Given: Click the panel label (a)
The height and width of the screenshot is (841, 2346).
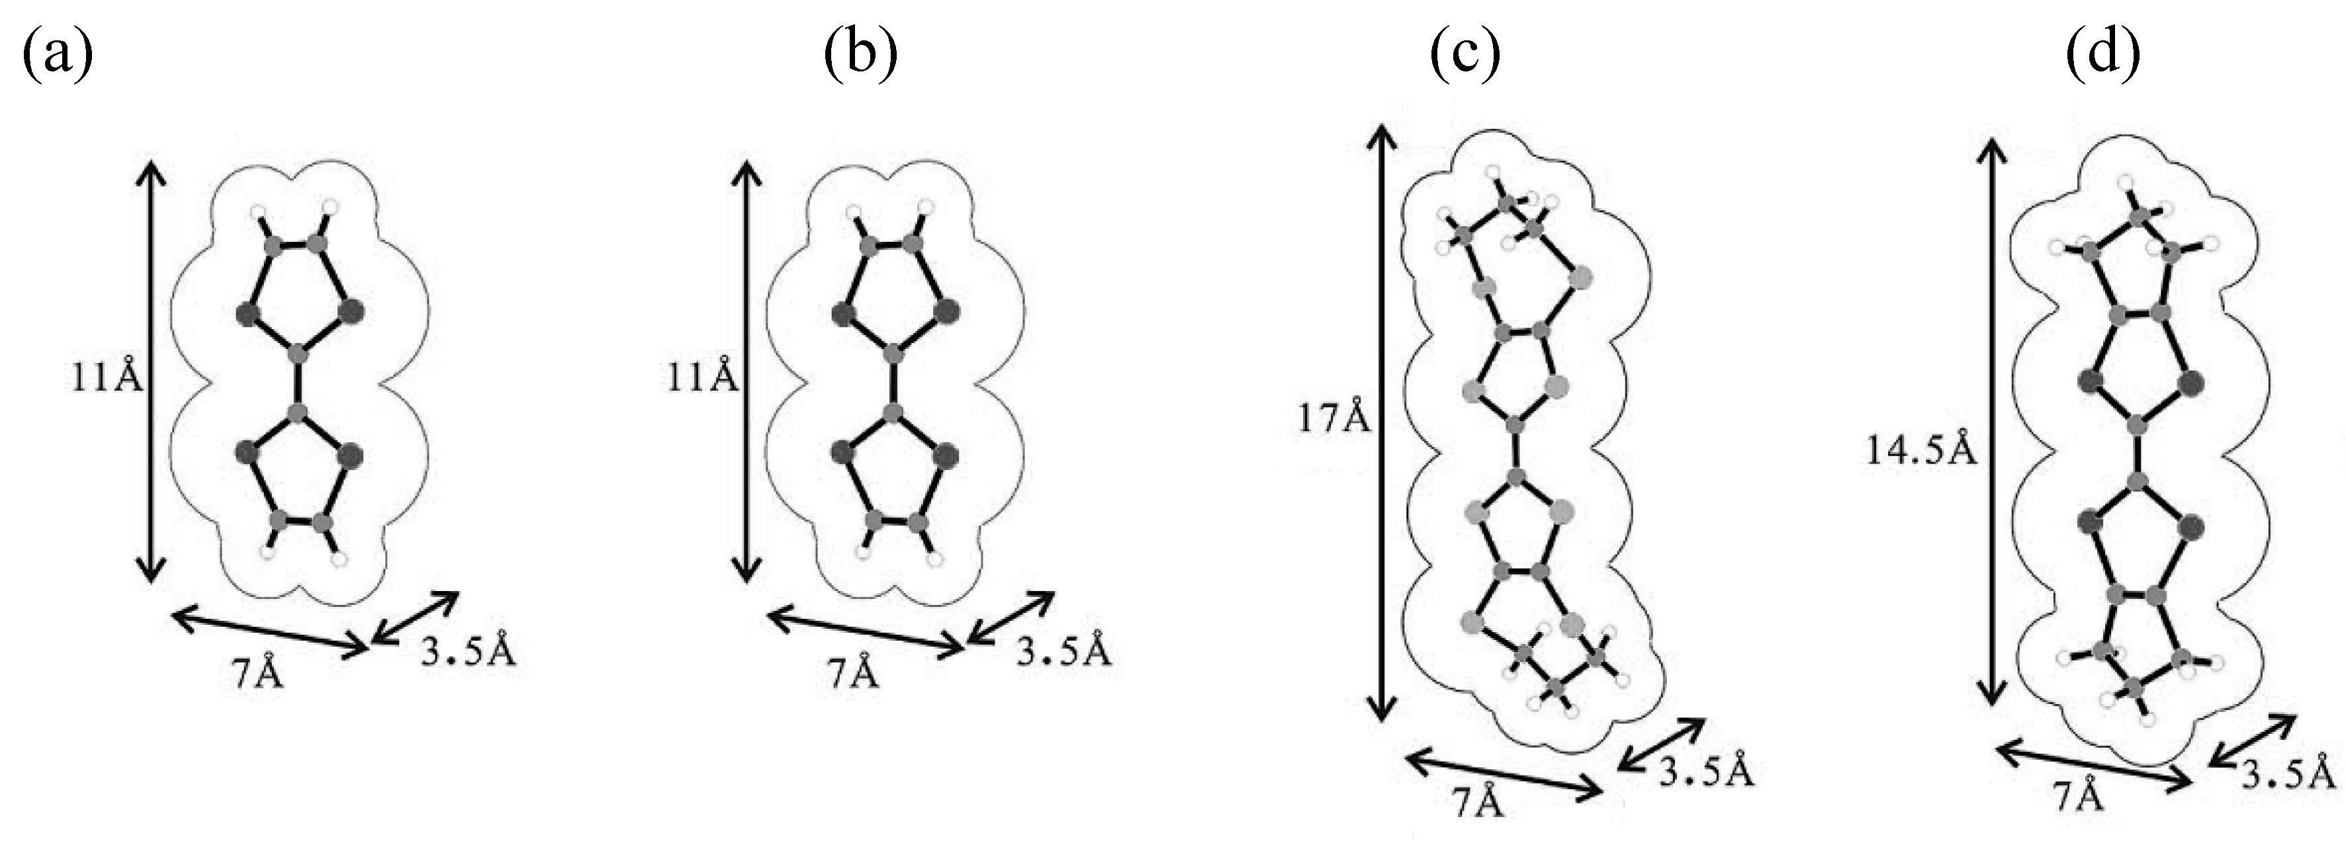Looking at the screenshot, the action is click(56, 55).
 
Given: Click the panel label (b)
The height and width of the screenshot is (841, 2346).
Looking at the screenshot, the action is click(860, 55).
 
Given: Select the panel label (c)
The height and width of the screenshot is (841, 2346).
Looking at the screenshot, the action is click(1465, 55).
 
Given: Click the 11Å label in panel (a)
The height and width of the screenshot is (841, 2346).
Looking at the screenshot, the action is click(107, 376).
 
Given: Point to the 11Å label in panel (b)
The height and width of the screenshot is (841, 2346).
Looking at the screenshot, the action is click(702, 376).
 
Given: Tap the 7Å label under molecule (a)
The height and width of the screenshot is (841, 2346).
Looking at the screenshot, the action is click(257, 674).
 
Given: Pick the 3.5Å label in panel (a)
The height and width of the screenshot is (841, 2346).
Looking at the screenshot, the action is click(468, 652).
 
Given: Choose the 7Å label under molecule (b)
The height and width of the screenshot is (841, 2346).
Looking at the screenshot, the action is click(853, 674).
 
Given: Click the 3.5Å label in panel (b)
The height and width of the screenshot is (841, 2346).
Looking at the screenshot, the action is click(1063, 652).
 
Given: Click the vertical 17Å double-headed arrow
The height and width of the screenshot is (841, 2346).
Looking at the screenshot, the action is click(1382, 421).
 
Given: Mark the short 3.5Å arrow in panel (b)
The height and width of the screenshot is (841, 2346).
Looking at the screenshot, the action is click(1011, 618).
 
